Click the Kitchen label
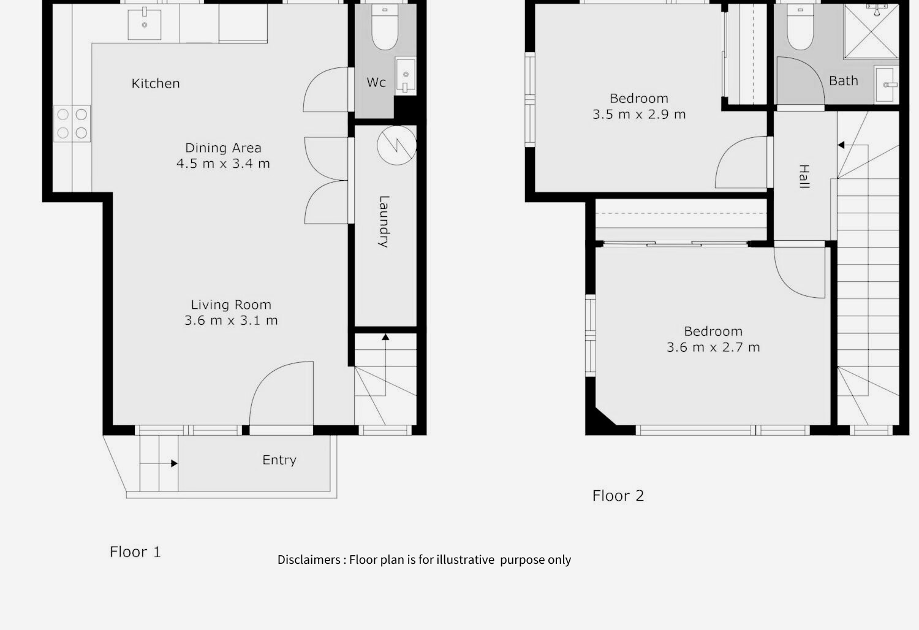tap(156, 84)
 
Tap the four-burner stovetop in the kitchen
tap(72, 124)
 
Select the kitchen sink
tap(145, 24)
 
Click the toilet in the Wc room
tap(385, 27)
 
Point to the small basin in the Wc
tap(406, 76)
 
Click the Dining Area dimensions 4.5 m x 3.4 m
tap(223, 164)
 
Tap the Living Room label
tap(231, 305)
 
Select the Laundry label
tap(384, 222)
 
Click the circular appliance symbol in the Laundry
tap(397, 145)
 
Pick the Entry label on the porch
tap(279, 460)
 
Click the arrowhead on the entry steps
tap(175, 463)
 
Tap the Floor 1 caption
tap(135, 552)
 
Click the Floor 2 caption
tap(618, 496)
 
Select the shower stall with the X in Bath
tap(871, 32)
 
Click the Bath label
tap(844, 81)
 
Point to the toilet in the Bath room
tap(800, 27)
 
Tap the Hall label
tap(804, 176)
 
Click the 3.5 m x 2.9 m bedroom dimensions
tap(639, 115)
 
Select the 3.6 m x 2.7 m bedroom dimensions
tap(713, 347)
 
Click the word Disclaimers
tap(309, 560)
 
